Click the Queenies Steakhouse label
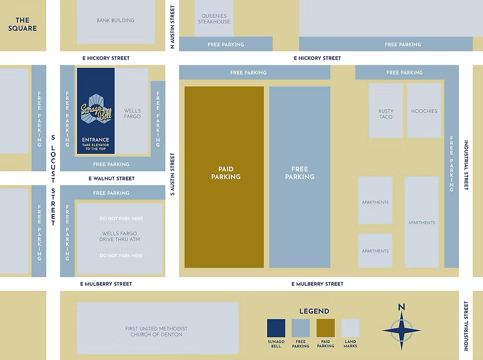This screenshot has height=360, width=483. [x=214, y=19]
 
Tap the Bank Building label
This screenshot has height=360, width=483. [x=116, y=21]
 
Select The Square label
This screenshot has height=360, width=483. [x=23, y=24]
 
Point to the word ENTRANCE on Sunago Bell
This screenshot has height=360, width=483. [x=96, y=139]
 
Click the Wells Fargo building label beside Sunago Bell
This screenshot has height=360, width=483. [x=133, y=114]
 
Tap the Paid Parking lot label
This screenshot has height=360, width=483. [x=226, y=173]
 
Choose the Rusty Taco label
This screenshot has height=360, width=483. [x=386, y=114]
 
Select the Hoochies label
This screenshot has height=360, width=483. [x=424, y=111]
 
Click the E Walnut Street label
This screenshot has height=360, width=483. [x=112, y=178]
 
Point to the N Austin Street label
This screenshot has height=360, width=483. [x=172, y=27]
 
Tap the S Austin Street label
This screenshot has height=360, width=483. [x=172, y=174]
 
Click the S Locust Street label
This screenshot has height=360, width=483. [x=53, y=181]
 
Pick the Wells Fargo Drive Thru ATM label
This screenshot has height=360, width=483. [x=120, y=237]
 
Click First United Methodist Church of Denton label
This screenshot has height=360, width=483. [x=157, y=332]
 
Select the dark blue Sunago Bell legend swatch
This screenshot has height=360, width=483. [x=276, y=328]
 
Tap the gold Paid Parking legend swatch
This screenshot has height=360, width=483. [x=326, y=328]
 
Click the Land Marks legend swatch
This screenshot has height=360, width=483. [x=350, y=328]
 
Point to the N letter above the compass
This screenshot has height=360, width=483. [x=401, y=307]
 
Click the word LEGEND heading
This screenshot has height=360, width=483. [x=314, y=311]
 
